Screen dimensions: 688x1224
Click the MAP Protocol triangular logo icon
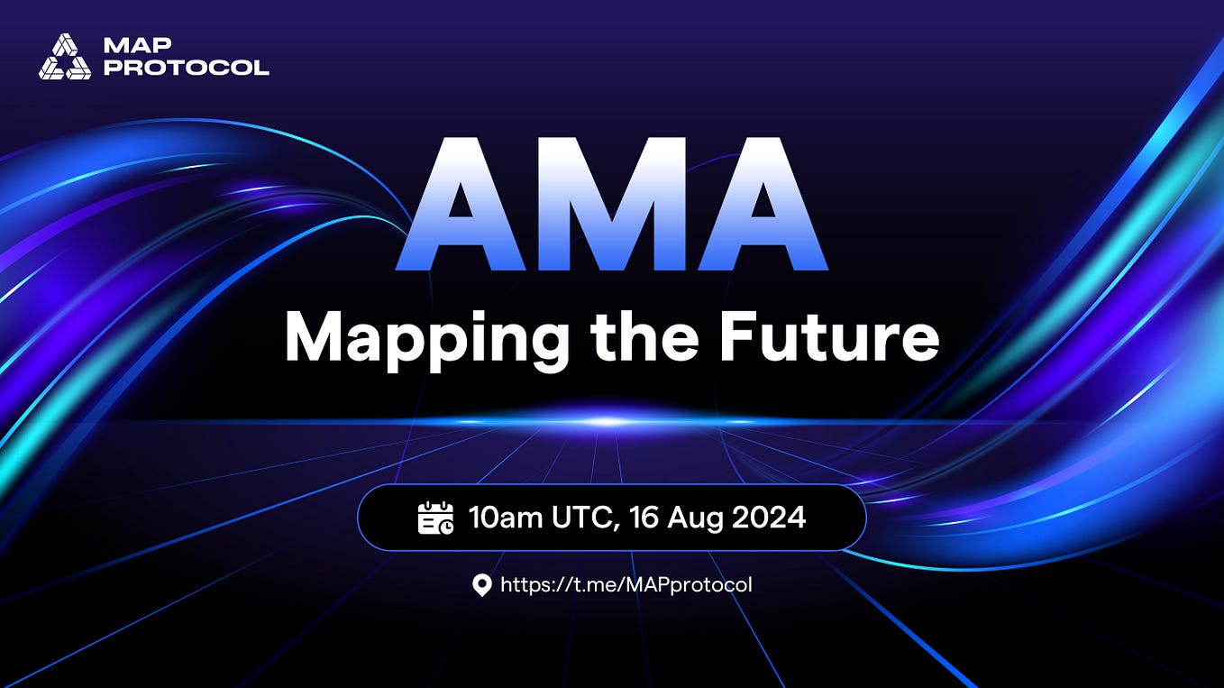pos(65,56)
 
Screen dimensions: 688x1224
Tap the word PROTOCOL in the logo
pos(187,68)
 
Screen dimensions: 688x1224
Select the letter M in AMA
pos(613,205)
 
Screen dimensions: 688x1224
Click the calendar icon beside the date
pos(436,518)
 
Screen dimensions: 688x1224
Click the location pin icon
pos(482,585)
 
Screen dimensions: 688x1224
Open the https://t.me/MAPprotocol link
pos(626,585)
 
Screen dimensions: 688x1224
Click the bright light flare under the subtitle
pos(610,421)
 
